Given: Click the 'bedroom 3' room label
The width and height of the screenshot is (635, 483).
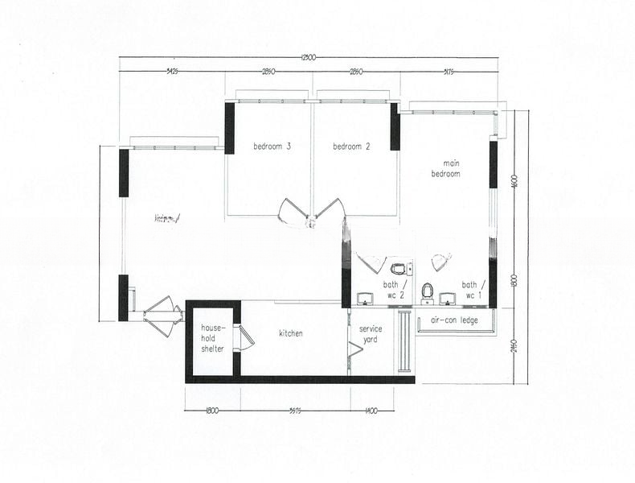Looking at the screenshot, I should [x=272, y=147].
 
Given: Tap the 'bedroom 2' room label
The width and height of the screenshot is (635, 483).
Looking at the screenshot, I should [x=351, y=147].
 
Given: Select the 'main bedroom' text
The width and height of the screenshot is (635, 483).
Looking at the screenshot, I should [x=445, y=169].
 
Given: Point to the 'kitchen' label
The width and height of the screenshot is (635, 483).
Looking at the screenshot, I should [x=291, y=333].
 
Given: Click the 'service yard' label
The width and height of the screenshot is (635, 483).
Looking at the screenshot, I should [x=371, y=334].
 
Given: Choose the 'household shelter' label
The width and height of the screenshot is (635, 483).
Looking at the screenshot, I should [x=212, y=339].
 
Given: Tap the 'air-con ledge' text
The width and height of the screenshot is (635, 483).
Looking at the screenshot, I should [x=455, y=320].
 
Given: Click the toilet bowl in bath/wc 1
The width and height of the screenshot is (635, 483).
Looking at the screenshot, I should [x=428, y=289].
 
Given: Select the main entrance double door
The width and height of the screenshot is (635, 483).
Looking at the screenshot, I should [x=164, y=315].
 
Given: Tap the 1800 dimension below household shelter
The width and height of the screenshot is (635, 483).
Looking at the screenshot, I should [x=212, y=411].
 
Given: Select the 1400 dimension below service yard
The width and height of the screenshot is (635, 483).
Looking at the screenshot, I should [x=371, y=411].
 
